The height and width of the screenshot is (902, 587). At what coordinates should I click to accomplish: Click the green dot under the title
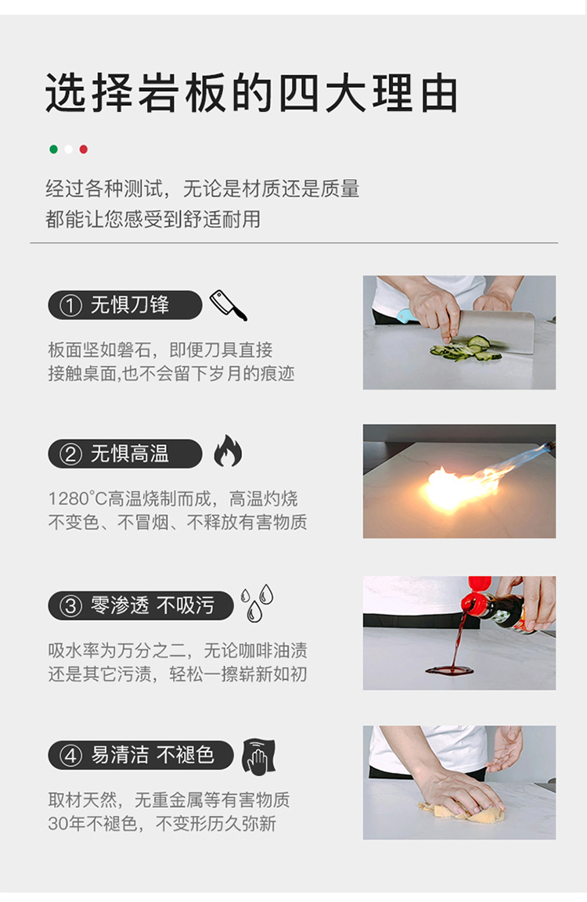[x=53, y=149]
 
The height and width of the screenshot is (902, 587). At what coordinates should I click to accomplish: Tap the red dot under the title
[x=84, y=149]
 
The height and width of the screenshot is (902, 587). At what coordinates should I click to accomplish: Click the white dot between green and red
[x=69, y=149]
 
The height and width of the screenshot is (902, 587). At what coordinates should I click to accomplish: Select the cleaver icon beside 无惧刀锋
[x=228, y=305]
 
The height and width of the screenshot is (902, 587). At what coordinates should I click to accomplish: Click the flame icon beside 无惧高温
[x=228, y=451]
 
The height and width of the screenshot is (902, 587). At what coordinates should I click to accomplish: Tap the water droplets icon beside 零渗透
[x=257, y=603]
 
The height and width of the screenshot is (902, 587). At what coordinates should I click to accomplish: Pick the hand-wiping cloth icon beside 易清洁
[x=258, y=756]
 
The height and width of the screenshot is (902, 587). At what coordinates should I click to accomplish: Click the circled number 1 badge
[x=70, y=305]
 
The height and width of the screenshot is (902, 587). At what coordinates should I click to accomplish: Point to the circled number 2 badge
[x=70, y=454]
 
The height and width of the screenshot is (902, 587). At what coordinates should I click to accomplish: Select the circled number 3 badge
[x=70, y=606]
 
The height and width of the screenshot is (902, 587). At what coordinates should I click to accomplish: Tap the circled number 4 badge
[x=70, y=755]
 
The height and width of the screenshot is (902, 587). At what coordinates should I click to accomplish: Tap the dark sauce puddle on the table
[x=449, y=670]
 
